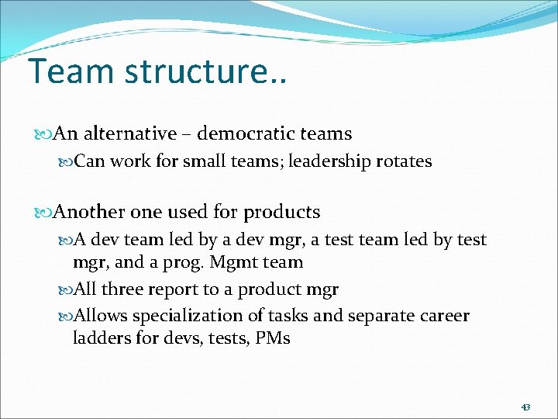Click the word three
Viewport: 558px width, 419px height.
[123, 289]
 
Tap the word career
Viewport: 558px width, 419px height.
[441, 316]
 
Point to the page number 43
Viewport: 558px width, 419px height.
[525, 407]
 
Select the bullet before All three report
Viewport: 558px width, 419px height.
[65, 290]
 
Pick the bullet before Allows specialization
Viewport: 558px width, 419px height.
[65, 317]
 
